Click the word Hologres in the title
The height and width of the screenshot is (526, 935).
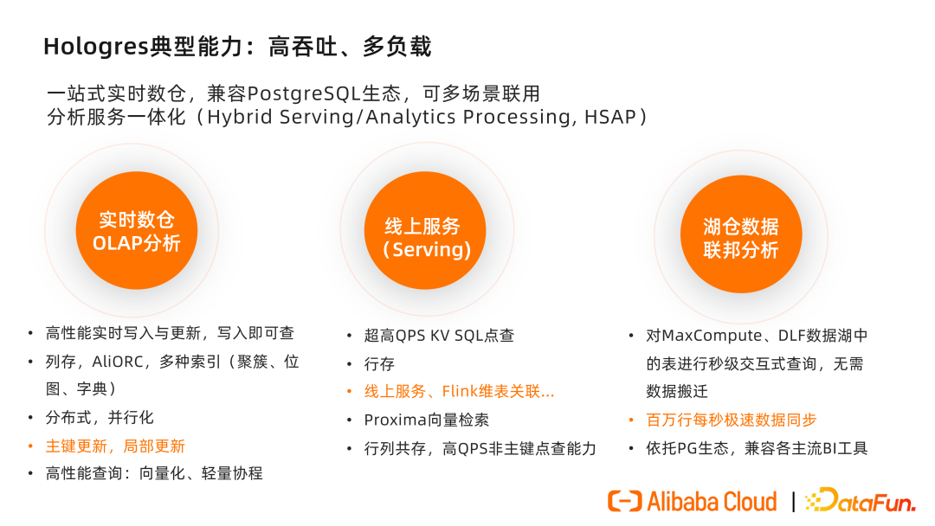pyautogui.click(x=96, y=47)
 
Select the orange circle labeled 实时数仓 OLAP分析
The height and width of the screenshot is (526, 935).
pyautogui.click(x=137, y=230)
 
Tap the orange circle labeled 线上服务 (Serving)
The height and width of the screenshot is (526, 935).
pyautogui.click(x=425, y=230)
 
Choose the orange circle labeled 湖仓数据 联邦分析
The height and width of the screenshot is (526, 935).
pyautogui.click(x=741, y=234)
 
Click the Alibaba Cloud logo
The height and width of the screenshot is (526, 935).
pyautogui.click(x=693, y=502)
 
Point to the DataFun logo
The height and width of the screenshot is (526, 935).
pyautogui.click(x=861, y=500)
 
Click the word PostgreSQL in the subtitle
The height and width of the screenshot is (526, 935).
pyautogui.click(x=304, y=94)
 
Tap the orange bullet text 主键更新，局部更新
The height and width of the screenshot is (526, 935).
pyautogui.click(x=115, y=446)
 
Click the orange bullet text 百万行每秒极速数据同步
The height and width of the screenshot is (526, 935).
pyautogui.click(x=731, y=420)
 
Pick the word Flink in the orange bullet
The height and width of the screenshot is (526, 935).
pyautogui.click(x=459, y=391)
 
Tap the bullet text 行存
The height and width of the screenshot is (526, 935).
pyautogui.click(x=379, y=363)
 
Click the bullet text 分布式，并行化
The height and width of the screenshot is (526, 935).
pyautogui.click(x=100, y=418)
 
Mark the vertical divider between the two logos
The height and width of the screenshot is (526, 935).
pyautogui.click(x=793, y=502)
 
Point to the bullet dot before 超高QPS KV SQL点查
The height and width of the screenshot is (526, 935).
pyautogui.click(x=350, y=336)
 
